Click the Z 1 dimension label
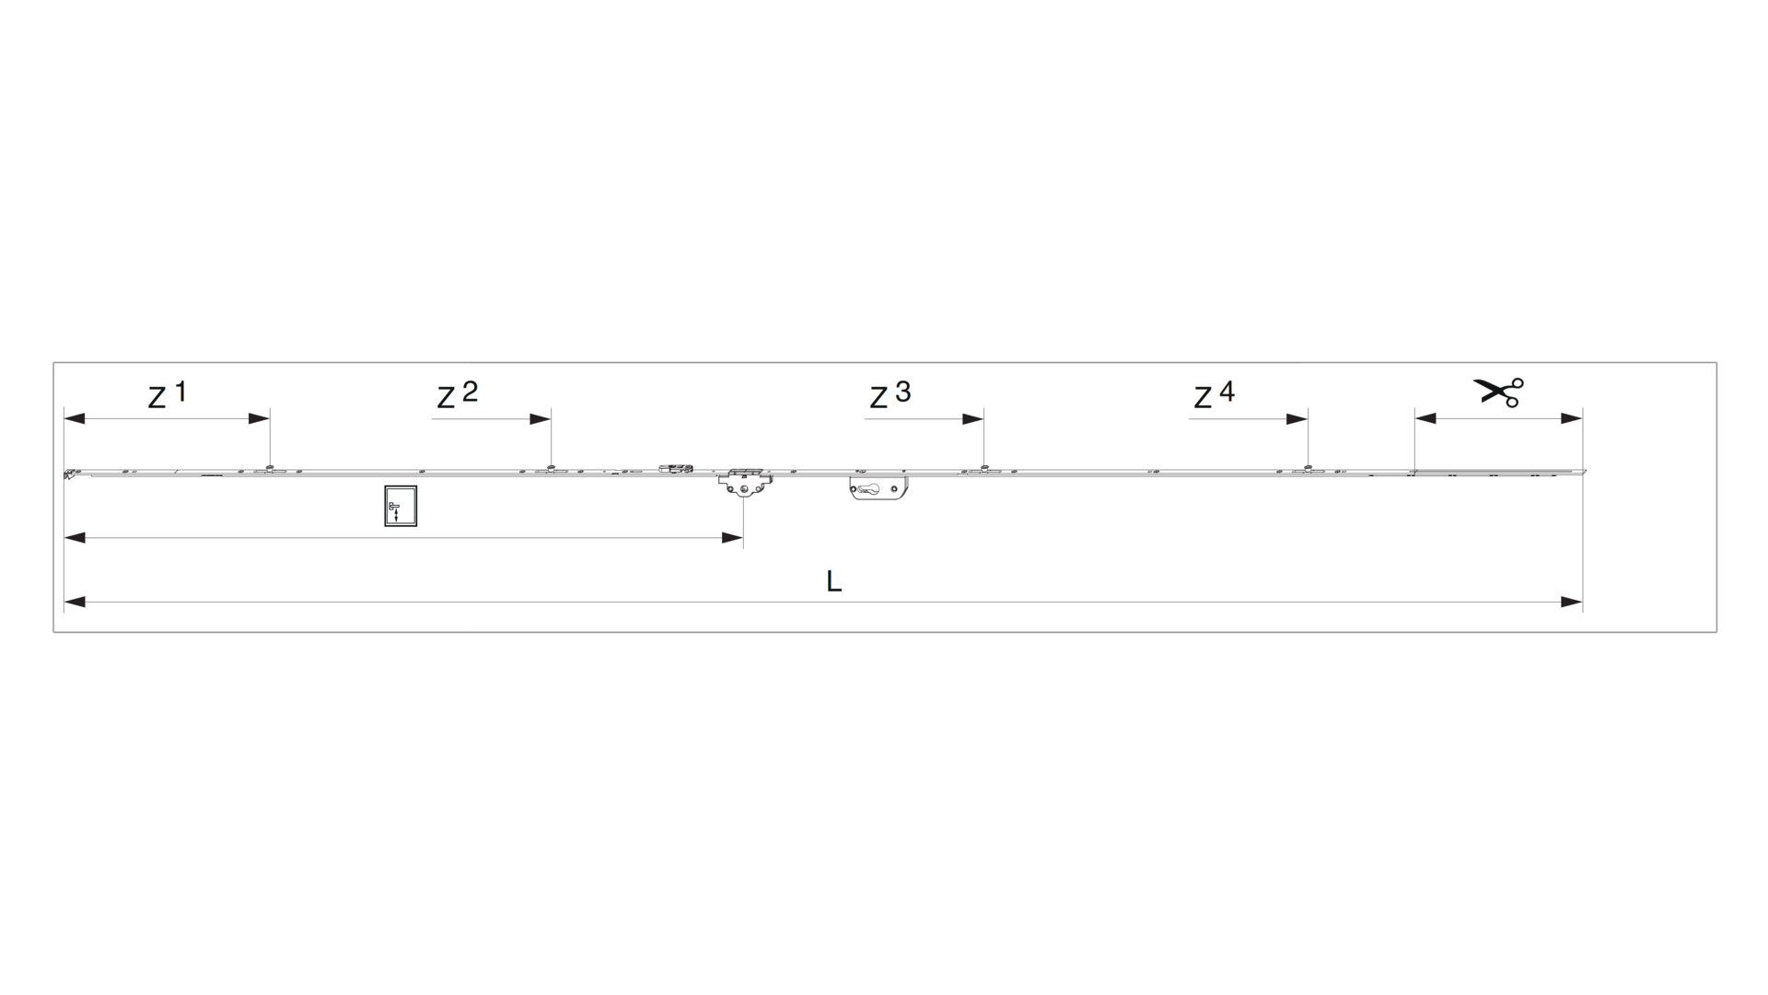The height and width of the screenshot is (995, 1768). coord(168,394)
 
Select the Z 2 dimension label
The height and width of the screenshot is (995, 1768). coord(458,394)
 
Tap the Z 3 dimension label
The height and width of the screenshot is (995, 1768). coord(890,394)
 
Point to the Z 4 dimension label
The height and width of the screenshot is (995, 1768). coord(1215,394)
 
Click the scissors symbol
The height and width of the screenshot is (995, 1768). coord(1498,392)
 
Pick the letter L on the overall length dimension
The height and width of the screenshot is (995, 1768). coord(833,581)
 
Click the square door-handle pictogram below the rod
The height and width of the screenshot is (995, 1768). coord(401,506)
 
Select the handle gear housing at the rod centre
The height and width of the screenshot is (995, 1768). coord(744,481)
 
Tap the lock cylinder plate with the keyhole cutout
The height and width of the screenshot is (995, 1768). coord(878,488)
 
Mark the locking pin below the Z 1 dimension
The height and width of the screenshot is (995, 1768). coord(269,468)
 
